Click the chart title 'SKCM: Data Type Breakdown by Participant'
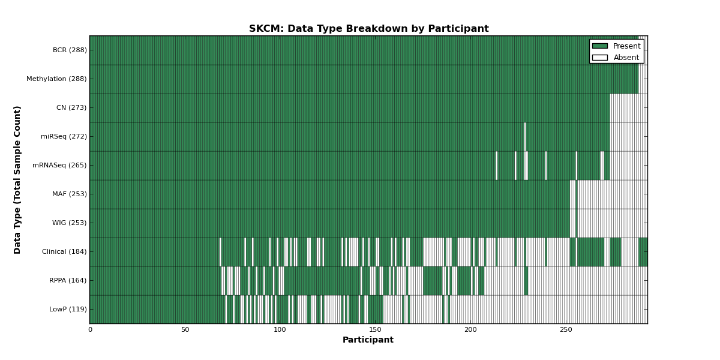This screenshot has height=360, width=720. pos(368,29)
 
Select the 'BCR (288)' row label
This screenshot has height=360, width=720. pos(70,50)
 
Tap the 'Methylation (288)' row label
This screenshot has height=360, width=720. pos(56,79)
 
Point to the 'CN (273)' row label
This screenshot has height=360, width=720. pos(71,107)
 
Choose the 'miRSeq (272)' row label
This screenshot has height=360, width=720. pos(64,136)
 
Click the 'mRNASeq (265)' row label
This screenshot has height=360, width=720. pos(59,165)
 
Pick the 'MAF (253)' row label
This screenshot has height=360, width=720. pos(70,194)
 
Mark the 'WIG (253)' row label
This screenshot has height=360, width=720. pos(70,223)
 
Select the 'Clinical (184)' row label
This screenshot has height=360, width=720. pos(64,251)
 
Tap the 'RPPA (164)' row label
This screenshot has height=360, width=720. pos(68,281)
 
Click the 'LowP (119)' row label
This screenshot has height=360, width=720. pos(68,309)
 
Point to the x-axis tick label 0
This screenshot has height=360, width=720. pos(91,330)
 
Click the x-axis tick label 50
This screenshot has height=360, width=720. pos(185,330)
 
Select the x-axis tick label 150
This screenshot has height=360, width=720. pos(375,330)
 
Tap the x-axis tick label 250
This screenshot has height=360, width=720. pos(566,330)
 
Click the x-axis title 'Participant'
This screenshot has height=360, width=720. pos(368,340)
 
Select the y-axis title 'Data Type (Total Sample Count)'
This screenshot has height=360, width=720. pos(17,180)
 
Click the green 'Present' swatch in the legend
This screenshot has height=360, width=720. pos(600,46)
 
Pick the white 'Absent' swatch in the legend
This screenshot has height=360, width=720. pos(600,58)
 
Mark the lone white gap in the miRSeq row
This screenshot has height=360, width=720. pos(525,137)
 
